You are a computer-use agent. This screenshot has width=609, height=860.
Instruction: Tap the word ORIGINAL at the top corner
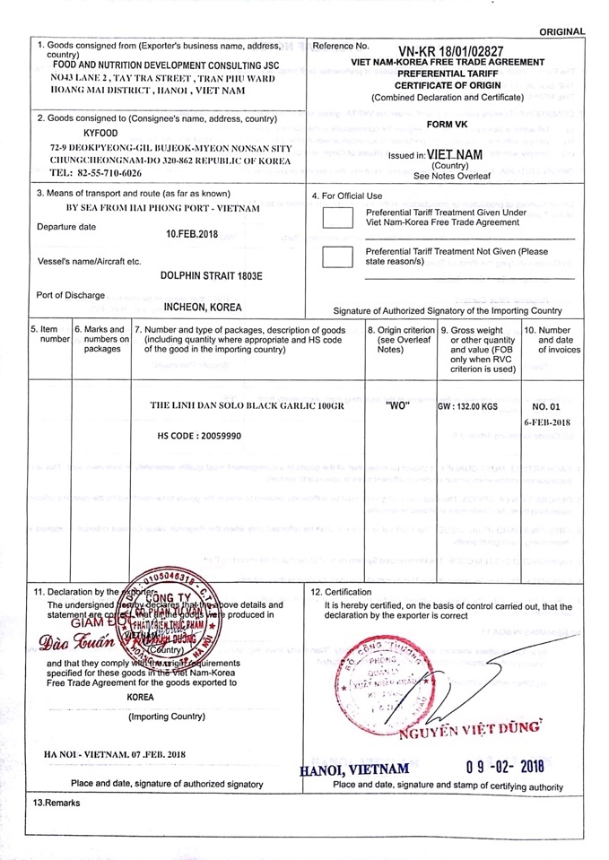[x=562, y=32]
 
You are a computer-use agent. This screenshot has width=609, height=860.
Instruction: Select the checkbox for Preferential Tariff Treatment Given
[x=337, y=218]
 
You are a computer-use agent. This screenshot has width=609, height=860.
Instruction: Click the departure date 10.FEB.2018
[x=193, y=233]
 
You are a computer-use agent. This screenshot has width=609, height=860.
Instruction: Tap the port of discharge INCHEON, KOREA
[x=203, y=307]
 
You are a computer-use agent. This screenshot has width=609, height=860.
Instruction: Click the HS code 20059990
[x=199, y=436]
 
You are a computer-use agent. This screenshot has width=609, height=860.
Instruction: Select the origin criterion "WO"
[x=396, y=405]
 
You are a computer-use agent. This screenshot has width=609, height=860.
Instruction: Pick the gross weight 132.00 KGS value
[x=467, y=406]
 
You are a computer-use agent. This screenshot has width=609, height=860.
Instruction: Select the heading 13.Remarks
[x=57, y=803]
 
